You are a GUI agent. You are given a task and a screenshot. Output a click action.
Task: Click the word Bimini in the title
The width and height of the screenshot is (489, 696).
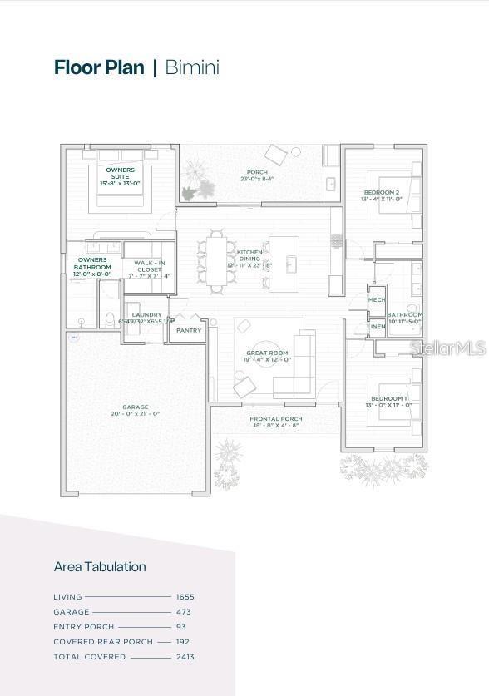click(192, 67)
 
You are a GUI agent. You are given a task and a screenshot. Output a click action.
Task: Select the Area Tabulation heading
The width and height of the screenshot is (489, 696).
click(100, 566)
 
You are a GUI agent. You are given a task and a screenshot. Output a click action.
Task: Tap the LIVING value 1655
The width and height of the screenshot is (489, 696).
click(185, 597)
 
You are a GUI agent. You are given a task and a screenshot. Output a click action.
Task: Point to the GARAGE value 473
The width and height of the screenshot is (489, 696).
click(185, 612)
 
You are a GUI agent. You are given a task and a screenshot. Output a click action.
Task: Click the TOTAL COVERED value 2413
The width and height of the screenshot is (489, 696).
click(185, 657)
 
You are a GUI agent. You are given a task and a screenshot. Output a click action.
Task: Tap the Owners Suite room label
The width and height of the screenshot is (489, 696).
click(120, 173)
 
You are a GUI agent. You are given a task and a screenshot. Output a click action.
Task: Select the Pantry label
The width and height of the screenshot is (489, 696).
click(189, 331)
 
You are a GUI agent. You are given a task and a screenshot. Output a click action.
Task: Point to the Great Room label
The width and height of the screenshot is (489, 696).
click(266, 353)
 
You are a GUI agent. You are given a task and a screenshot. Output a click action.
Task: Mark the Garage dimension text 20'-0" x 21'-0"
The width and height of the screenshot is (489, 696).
click(135, 413)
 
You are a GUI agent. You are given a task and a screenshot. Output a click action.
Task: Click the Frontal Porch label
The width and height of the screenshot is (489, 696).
click(276, 419)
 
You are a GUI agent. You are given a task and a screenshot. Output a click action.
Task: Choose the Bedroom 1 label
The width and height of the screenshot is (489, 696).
click(388, 399)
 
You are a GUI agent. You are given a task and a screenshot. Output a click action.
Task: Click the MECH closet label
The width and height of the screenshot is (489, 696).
click(377, 300)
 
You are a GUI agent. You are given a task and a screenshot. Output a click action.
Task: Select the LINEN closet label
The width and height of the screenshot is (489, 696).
click(377, 327)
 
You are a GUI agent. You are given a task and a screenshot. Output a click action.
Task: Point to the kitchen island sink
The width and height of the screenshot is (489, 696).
click(290, 264)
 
